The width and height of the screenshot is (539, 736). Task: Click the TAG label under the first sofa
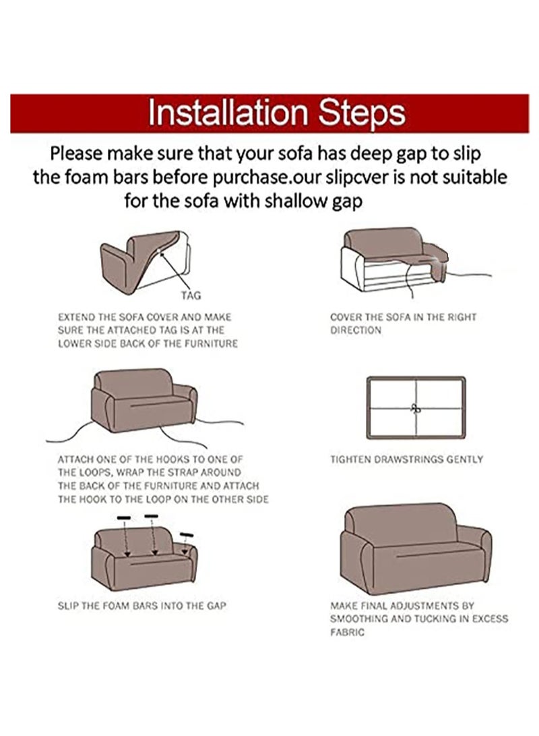191,295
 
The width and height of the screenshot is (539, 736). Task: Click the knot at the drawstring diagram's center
415,409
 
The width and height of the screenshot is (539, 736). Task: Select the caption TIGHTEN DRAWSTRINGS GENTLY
406,459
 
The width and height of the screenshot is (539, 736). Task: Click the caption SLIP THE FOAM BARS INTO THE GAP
142,606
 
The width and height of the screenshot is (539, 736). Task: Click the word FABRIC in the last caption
348,632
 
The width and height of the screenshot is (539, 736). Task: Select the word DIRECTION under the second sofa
356,331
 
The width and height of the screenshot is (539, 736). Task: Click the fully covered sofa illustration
415,548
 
